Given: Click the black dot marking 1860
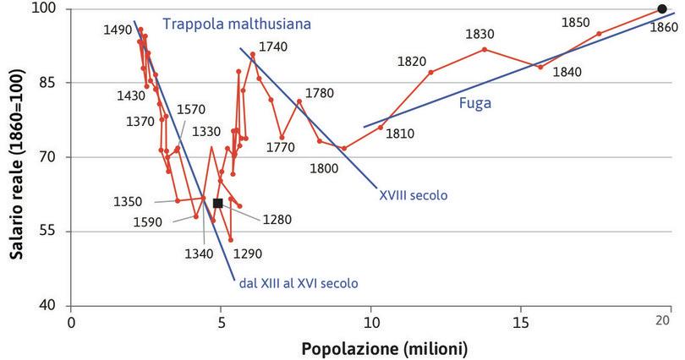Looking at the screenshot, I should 661,9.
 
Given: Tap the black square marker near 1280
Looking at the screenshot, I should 217,203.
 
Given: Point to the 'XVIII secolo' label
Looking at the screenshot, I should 414,194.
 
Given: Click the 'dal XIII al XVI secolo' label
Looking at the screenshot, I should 299,283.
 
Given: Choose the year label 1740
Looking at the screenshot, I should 272,46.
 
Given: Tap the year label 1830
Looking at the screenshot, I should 480,35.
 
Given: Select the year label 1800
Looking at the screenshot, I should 324,167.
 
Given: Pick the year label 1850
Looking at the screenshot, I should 575,22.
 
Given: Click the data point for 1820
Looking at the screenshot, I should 431,72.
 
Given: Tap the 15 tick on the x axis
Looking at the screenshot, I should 520,321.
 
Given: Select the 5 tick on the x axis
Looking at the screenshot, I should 221,321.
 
